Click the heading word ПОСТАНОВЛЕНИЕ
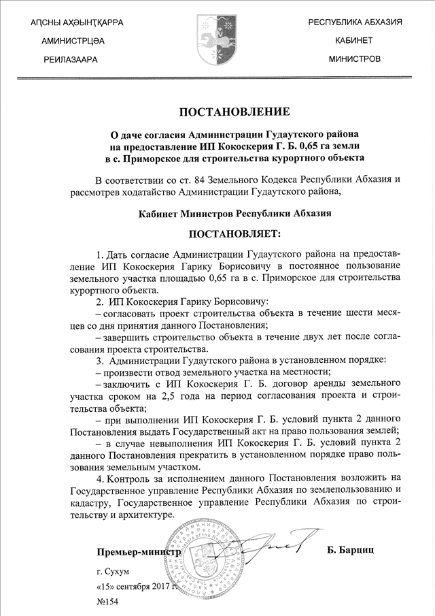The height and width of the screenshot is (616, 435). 234,112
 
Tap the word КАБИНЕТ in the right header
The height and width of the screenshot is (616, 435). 353,41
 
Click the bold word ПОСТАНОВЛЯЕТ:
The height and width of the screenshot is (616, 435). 234,235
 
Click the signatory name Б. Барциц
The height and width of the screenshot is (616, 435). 351,549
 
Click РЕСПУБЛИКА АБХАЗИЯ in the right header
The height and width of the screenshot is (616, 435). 355,22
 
